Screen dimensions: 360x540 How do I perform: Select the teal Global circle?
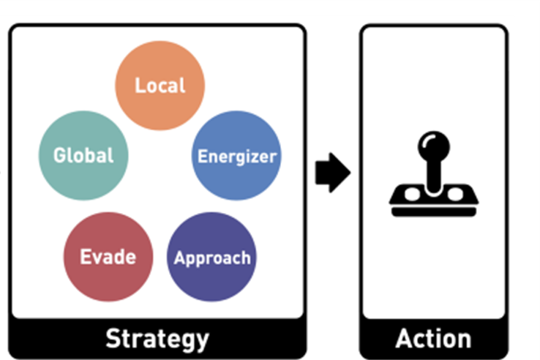83,155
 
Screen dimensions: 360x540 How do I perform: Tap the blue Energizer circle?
236,155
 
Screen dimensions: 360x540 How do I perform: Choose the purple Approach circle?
211,257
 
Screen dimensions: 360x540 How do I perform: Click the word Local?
160,85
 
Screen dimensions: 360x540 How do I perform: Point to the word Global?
83,155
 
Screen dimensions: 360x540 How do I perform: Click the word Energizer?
237,156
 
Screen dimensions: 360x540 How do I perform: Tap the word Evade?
108,257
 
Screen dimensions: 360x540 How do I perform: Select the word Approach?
212,258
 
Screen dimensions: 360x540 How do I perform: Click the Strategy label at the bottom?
157,339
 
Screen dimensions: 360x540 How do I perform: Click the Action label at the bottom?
433,339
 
